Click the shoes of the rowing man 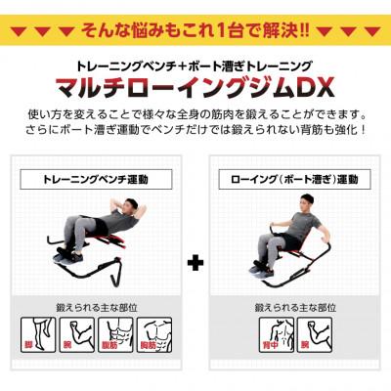[x=262, y=262]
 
